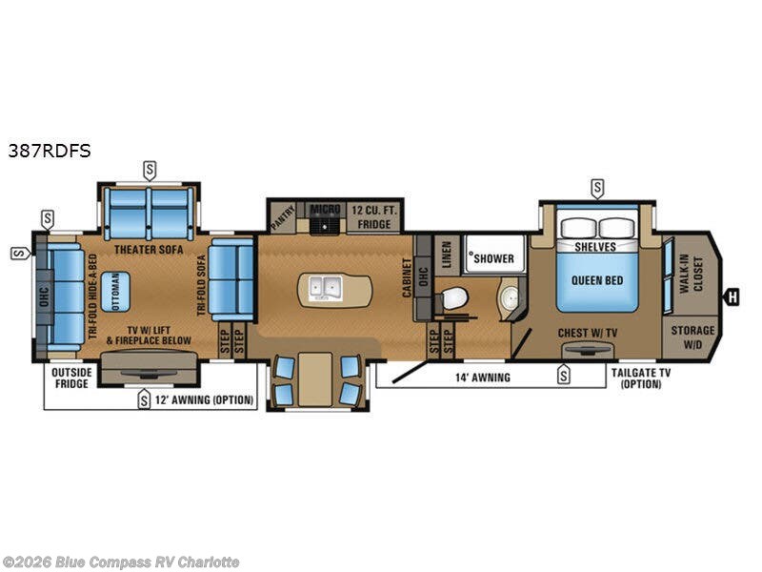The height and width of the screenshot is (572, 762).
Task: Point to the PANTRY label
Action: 277,216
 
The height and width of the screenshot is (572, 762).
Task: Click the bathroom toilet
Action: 453,299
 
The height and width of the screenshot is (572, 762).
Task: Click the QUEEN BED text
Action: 597,280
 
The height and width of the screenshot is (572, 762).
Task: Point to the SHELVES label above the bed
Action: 595,246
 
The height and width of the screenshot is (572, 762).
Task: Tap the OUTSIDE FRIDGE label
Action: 70,378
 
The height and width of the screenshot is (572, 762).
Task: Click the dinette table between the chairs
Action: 313,379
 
